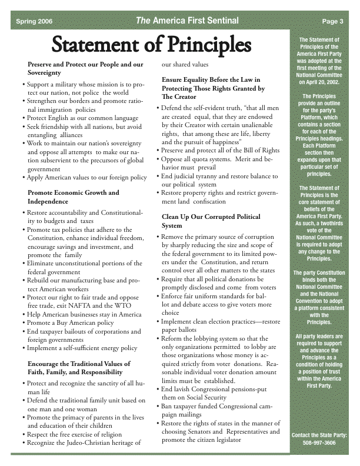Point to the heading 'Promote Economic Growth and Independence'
point(74,197)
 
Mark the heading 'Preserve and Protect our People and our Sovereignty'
point(85,68)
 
